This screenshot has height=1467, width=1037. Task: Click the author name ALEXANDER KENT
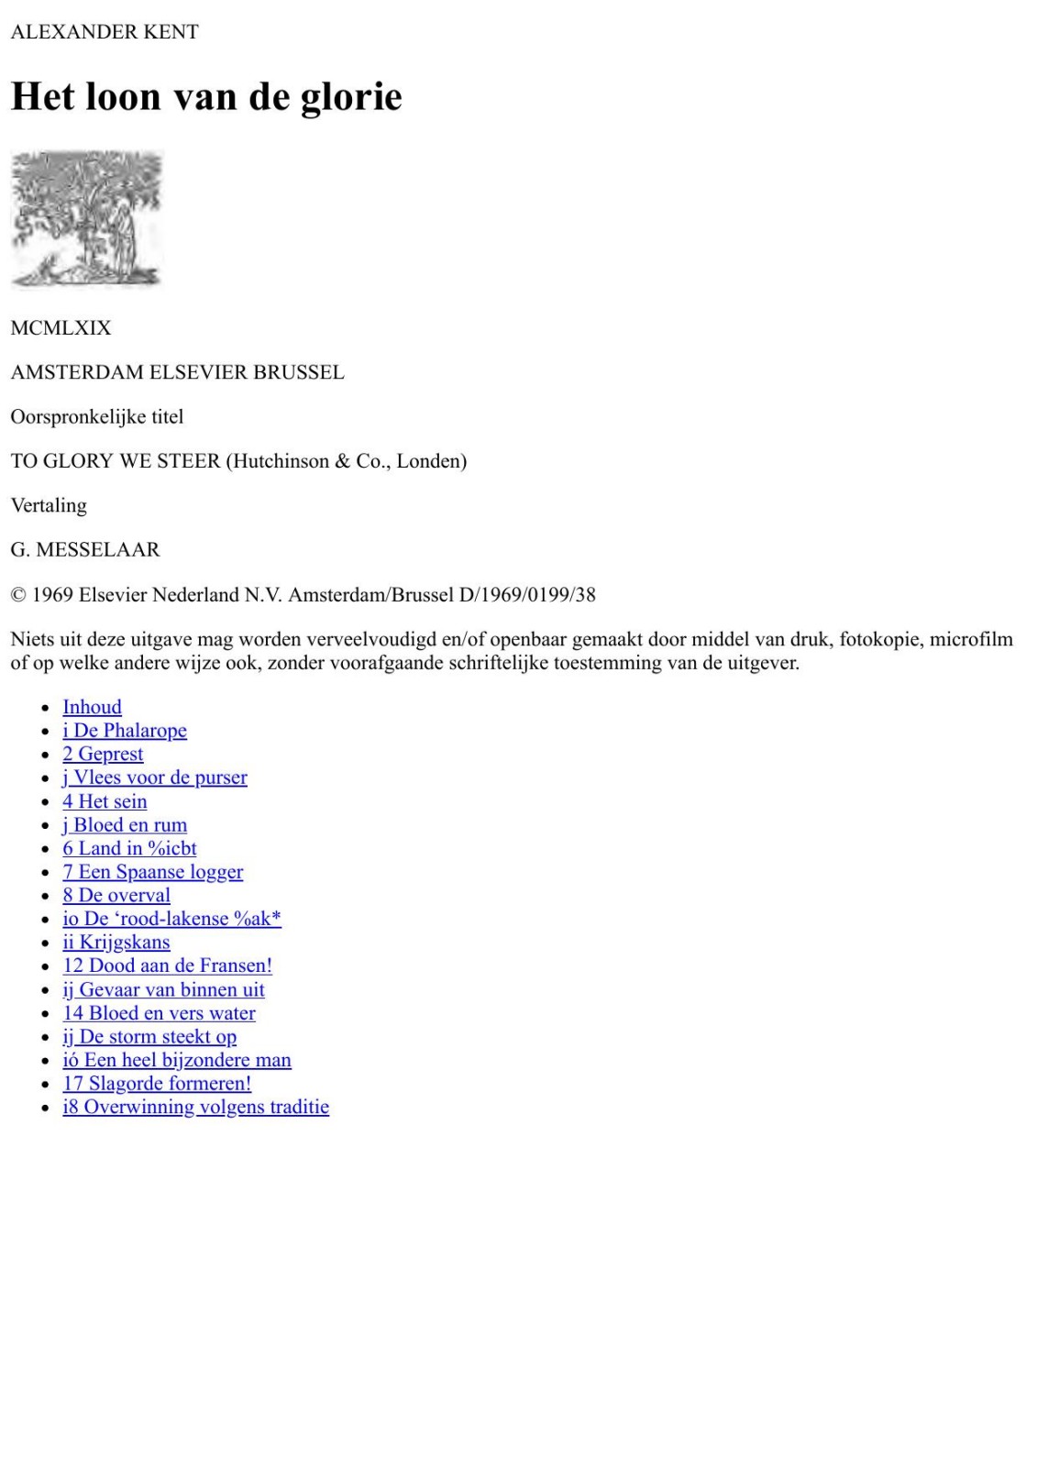click(x=105, y=32)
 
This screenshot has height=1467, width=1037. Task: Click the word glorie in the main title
click(x=351, y=97)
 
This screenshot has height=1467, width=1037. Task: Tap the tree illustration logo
click(x=87, y=219)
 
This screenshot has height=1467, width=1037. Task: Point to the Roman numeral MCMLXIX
click(x=61, y=328)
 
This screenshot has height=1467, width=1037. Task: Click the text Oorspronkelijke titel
click(x=97, y=417)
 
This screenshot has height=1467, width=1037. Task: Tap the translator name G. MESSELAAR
click(x=85, y=550)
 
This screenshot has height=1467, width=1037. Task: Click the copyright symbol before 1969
click(x=18, y=595)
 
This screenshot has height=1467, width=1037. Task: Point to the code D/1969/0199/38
click(x=527, y=595)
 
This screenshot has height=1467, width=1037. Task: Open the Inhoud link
click(x=92, y=707)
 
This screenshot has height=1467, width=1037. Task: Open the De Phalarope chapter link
click(x=125, y=731)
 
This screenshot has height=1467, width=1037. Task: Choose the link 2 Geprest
click(x=103, y=754)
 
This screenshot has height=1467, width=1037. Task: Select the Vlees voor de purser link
click(x=155, y=778)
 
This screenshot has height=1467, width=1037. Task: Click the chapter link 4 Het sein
click(x=105, y=801)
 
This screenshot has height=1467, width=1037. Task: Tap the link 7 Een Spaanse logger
click(x=152, y=872)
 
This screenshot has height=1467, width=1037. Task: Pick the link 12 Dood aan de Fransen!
click(x=167, y=965)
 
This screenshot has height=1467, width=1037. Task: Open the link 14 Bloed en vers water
click(x=159, y=1013)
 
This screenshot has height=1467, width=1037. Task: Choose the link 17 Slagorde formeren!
click(x=157, y=1084)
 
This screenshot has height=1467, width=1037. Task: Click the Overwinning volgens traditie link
click(x=195, y=1107)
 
